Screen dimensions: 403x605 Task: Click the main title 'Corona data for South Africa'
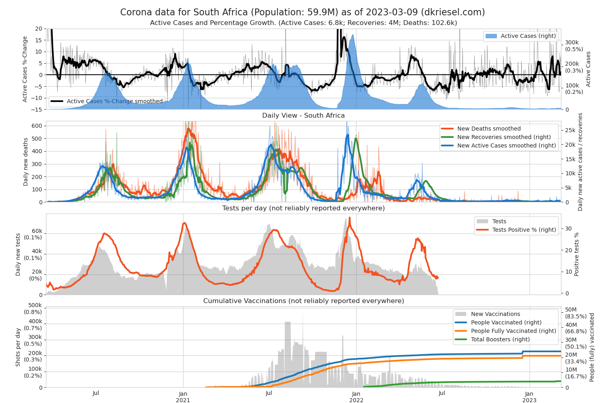click(302, 12)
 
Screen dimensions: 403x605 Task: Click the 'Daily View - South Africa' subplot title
click(303, 116)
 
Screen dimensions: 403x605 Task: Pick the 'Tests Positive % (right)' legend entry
click(524, 230)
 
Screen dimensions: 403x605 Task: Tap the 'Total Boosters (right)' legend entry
click(500, 339)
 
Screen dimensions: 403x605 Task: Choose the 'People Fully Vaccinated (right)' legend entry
click(513, 331)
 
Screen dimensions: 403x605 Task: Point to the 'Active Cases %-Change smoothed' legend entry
click(115, 101)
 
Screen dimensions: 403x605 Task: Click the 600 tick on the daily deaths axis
click(37, 126)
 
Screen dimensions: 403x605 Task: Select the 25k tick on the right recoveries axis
click(570, 130)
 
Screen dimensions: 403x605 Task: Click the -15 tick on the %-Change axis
click(38, 109)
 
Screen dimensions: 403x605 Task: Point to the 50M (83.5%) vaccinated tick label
click(576, 313)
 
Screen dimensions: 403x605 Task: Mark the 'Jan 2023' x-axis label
click(529, 397)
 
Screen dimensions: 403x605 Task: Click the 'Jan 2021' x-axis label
click(183, 397)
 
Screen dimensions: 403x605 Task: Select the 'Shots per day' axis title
click(18, 347)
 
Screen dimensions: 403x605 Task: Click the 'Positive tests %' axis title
click(576, 254)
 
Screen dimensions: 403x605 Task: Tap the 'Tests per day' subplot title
click(303, 208)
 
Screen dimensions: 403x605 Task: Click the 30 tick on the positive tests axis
click(568, 229)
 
